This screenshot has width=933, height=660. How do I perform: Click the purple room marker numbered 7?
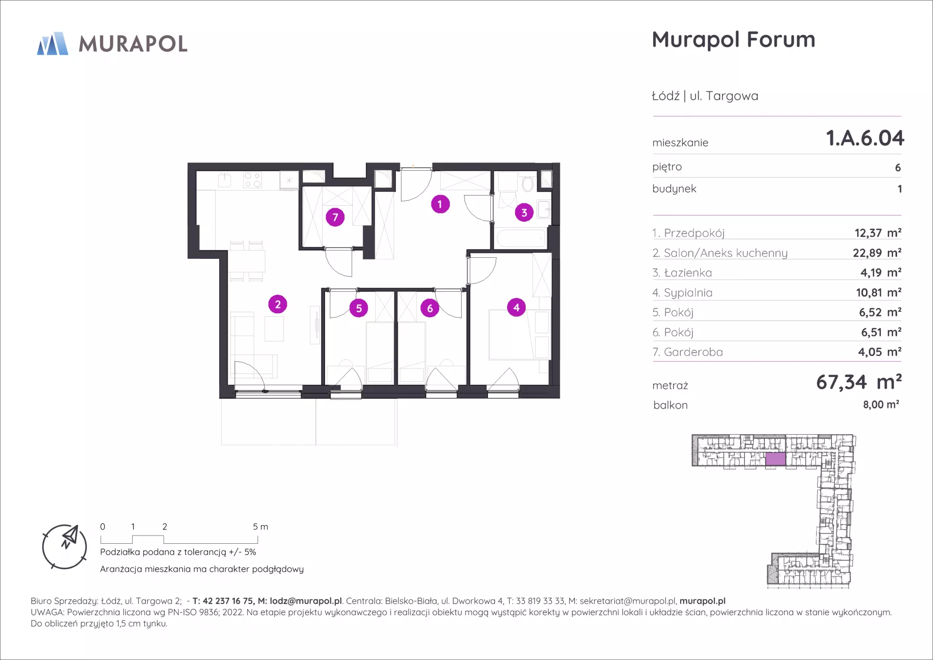335,217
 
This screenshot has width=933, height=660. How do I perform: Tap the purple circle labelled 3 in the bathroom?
524,213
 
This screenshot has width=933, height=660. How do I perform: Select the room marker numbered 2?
277,304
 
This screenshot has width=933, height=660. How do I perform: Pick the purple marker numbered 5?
359,308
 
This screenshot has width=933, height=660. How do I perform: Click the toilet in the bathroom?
528,183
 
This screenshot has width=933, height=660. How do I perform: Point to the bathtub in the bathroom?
521,238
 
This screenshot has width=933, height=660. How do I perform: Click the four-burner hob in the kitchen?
253,180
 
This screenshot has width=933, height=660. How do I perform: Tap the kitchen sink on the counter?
225,179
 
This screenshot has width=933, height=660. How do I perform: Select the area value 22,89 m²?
877,253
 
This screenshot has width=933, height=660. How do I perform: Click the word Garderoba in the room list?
693,352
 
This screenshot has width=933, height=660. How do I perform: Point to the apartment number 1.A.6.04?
865,138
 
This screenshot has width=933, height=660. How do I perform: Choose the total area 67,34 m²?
859,382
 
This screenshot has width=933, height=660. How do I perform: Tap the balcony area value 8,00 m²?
881,405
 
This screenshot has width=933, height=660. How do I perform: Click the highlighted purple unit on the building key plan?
776,459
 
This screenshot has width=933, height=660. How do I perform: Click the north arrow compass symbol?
65,547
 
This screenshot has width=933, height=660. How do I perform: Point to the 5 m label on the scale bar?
260,527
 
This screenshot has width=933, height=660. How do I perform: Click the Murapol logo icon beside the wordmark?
52,44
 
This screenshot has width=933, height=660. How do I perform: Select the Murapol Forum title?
733,40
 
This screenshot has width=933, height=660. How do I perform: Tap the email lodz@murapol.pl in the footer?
306,601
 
